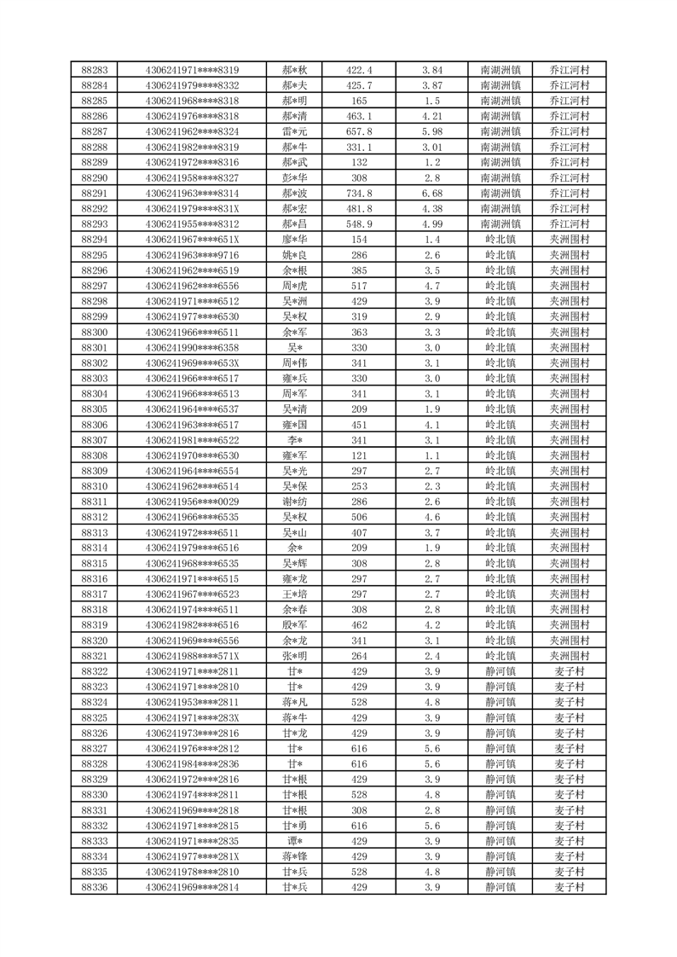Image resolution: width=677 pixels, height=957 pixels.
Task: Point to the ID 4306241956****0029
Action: [x=192, y=502]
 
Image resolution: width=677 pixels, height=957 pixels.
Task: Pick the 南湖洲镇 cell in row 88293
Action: [x=501, y=223]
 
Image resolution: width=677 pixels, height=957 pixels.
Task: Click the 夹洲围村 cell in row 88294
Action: [x=569, y=240]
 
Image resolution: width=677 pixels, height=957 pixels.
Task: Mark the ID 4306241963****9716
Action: [x=192, y=255]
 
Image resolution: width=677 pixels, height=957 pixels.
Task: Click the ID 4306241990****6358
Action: [x=192, y=347]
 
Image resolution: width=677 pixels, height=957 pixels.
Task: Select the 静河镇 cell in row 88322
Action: [x=501, y=671]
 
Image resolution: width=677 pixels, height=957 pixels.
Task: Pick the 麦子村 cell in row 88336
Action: [x=569, y=887]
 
